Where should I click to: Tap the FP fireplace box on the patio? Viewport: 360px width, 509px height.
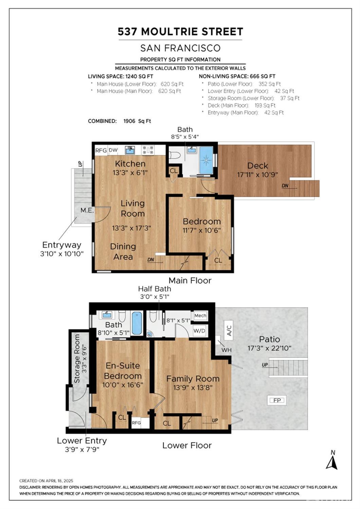[277, 400]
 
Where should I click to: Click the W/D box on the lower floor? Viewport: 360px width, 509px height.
[199, 330]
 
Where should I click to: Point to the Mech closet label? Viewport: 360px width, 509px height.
[200, 315]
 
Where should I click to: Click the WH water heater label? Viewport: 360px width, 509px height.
[226, 350]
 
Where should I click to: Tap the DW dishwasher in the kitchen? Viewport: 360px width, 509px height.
[113, 150]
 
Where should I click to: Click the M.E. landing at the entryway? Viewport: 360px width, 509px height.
[87, 211]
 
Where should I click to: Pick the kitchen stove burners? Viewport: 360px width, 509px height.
[148, 150]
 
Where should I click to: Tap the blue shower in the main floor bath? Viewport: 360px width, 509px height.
[206, 160]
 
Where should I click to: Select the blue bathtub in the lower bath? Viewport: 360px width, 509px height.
[137, 323]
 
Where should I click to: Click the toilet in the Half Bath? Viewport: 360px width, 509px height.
[153, 317]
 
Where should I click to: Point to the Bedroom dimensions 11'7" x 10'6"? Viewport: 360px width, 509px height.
[202, 230]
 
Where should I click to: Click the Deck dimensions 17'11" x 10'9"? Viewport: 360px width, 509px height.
[257, 175]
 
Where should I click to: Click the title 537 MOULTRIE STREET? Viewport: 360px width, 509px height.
[180, 32]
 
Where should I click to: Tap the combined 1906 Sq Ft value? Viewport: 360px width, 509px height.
[137, 121]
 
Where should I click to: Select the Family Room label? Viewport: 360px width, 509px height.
[193, 379]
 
